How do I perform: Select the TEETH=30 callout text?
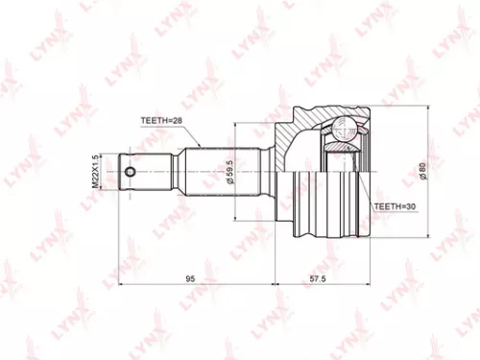click(x=395, y=206)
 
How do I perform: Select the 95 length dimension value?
click(x=191, y=278)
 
